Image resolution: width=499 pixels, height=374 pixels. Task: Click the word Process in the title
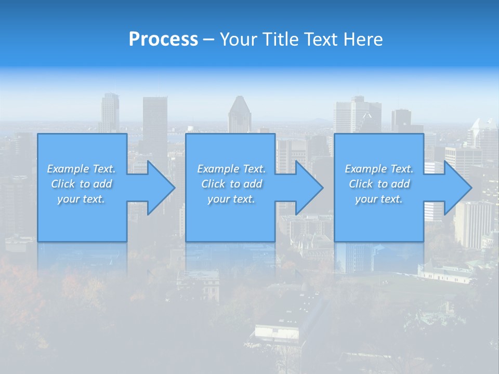click(x=163, y=39)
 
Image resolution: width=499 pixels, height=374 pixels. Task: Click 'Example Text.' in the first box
click(x=81, y=169)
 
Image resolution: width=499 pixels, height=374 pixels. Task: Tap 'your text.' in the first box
click(x=81, y=199)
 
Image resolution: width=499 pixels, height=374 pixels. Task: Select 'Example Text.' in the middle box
click(x=231, y=169)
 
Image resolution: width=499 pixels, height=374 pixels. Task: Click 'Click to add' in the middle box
click(x=231, y=184)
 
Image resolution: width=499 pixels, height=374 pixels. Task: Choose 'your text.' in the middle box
click(x=231, y=199)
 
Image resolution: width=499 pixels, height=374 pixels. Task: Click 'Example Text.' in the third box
click(x=379, y=169)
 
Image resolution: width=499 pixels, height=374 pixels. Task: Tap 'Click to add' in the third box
click(x=379, y=184)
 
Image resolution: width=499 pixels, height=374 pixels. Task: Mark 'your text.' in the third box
click(x=379, y=199)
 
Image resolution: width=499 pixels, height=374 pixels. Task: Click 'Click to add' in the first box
click(x=81, y=184)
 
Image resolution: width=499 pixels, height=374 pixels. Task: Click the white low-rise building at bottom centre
click(x=278, y=331)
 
